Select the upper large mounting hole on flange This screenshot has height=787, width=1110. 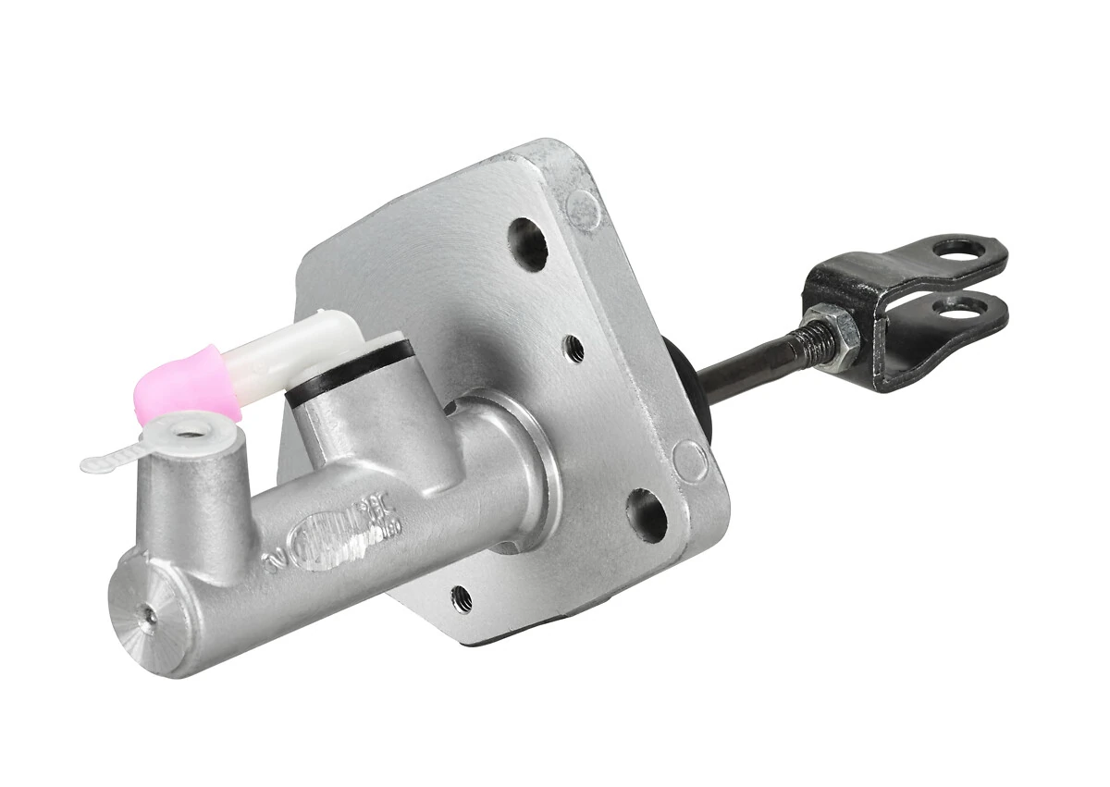(x=527, y=243)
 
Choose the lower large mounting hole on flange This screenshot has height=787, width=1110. (x=647, y=514)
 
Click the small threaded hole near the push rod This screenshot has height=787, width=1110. (x=574, y=348)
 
